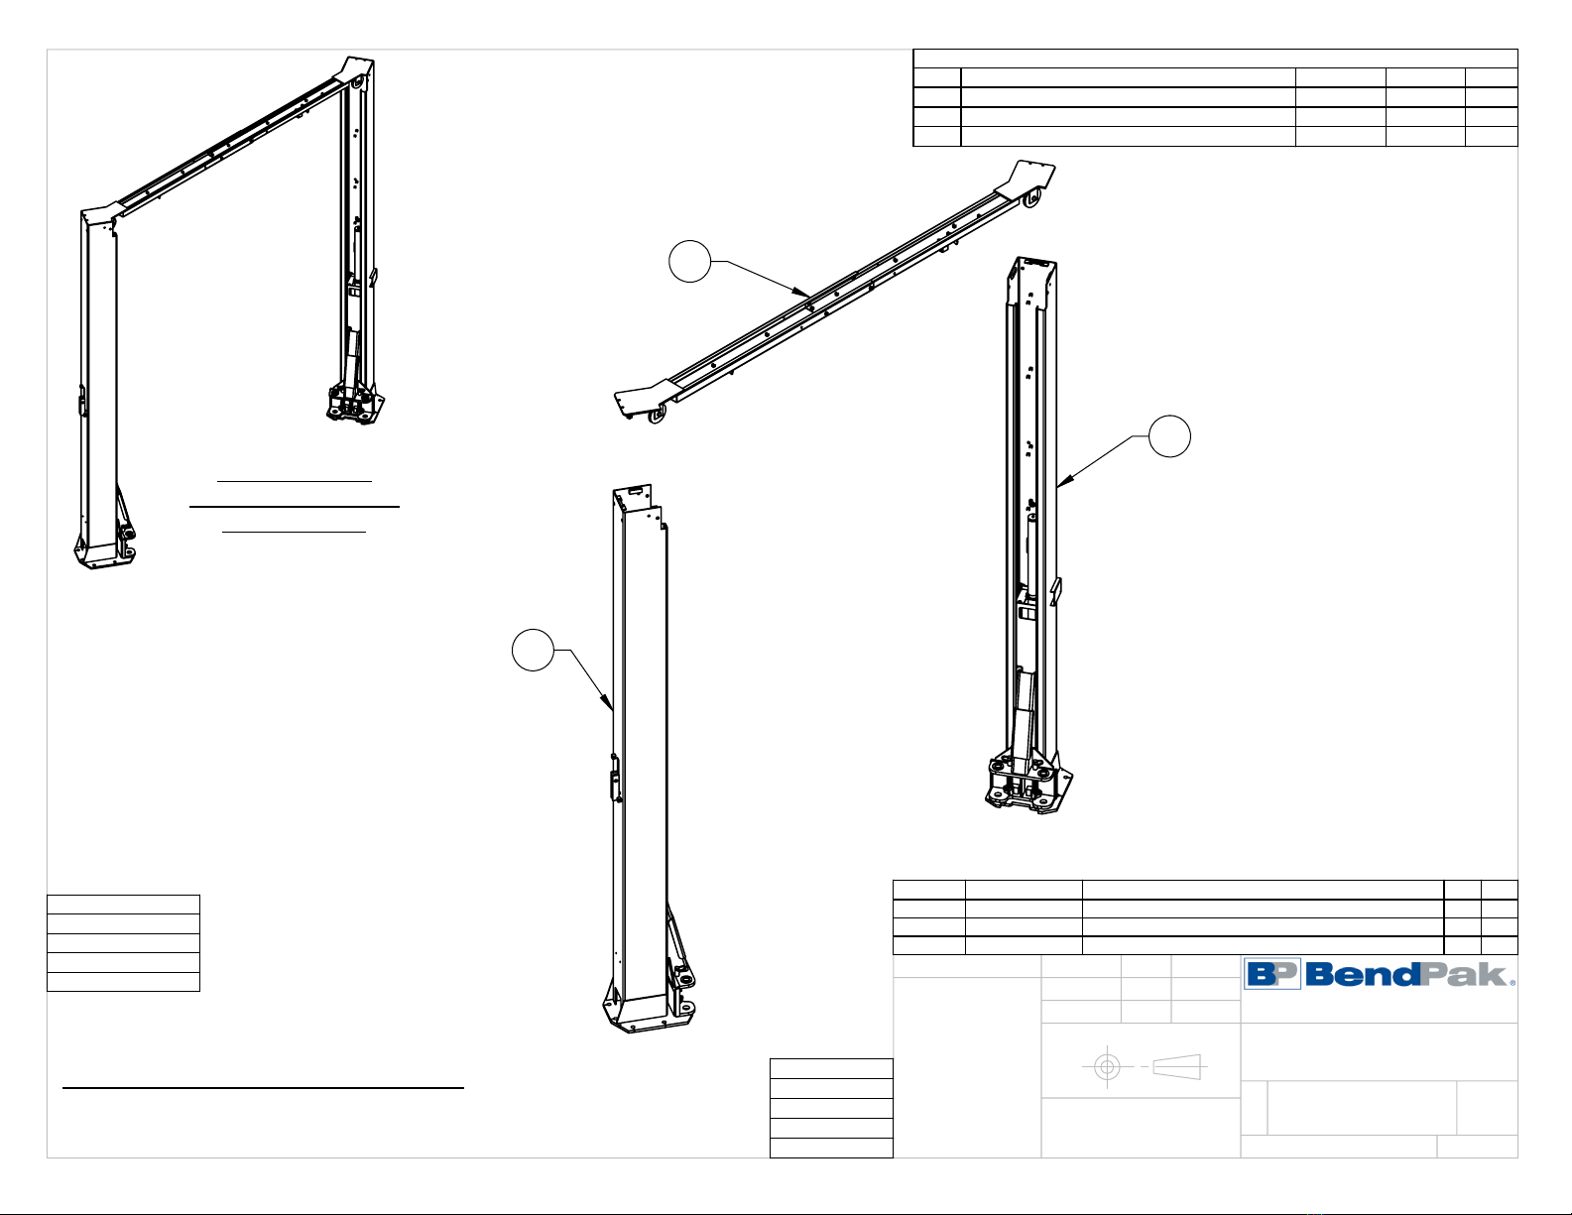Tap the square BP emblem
click(1272, 973)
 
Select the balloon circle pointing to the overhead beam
click(689, 261)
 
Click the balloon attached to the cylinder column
click(1169, 436)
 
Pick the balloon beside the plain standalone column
click(534, 651)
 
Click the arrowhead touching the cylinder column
click(1065, 479)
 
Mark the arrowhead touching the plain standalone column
click(607, 701)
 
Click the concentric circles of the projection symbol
click(1107, 1066)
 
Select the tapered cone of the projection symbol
click(1177, 1067)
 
